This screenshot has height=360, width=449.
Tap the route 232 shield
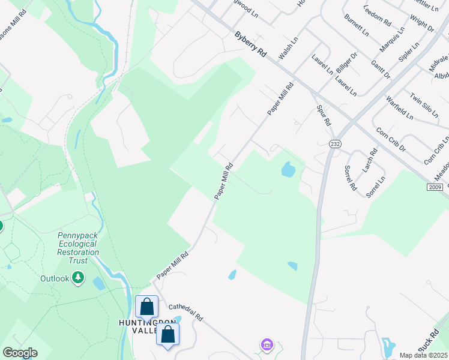(x=334, y=144)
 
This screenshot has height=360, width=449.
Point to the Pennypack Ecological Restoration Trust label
(x=77, y=244)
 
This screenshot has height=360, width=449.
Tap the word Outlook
(x=55, y=278)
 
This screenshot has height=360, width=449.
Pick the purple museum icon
(x=267, y=344)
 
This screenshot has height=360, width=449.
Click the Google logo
(x=20, y=353)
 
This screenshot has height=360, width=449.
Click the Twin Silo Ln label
(x=421, y=106)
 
